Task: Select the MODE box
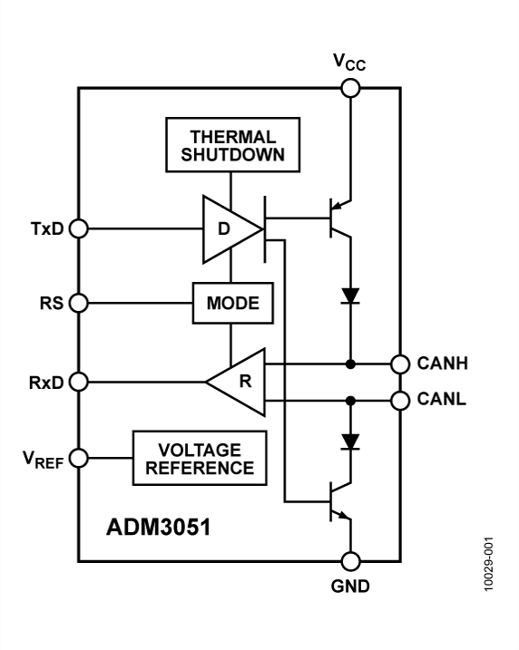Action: pyautogui.click(x=232, y=303)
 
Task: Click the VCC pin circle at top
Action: pyautogui.click(x=350, y=88)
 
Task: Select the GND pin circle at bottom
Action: pyautogui.click(x=350, y=563)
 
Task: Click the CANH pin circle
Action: pyautogui.click(x=399, y=364)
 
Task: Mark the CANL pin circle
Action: pyautogui.click(x=399, y=399)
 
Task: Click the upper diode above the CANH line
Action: pyautogui.click(x=350, y=296)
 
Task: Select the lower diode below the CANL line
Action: pyautogui.click(x=350, y=442)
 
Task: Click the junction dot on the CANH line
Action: pyautogui.click(x=350, y=364)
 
